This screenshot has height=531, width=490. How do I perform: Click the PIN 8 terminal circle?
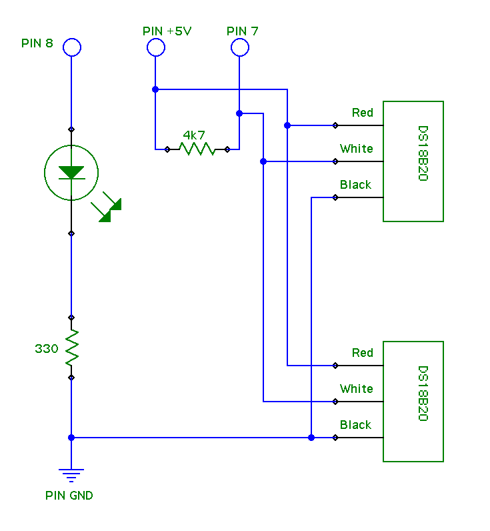click(x=71, y=47)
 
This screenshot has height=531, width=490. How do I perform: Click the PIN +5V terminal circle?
click(x=155, y=47)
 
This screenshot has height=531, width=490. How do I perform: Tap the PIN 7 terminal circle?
click(x=239, y=47)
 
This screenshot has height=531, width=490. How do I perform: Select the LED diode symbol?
click(x=71, y=173)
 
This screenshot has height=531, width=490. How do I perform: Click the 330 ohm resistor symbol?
click(x=71, y=348)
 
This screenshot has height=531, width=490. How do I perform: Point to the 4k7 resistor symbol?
click(x=197, y=149)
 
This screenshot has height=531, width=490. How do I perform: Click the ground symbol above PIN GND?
click(x=71, y=475)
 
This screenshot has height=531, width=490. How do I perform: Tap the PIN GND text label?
click(x=69, y=496)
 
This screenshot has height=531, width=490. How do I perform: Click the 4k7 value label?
click(x=194, y=135)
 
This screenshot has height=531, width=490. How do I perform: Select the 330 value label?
click(x=47, y=348)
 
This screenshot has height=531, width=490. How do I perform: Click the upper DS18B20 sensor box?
click(x=413, y=161)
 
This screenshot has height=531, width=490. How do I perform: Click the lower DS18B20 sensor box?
click(x=413, y=402)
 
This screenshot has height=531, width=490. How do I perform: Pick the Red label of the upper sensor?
click(x=363, y=113)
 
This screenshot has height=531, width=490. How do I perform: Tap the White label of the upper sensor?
click(x=357, y=149)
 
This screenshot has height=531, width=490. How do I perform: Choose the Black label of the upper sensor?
click(x=356, y=185)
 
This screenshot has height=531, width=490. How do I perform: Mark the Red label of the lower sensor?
click(x=363, y=353)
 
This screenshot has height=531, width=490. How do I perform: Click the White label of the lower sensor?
click(x=357, y=389)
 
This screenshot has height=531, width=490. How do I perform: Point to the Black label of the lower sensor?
click(x=356, y=425)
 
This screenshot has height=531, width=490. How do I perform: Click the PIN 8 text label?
click(x=37, y=44)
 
